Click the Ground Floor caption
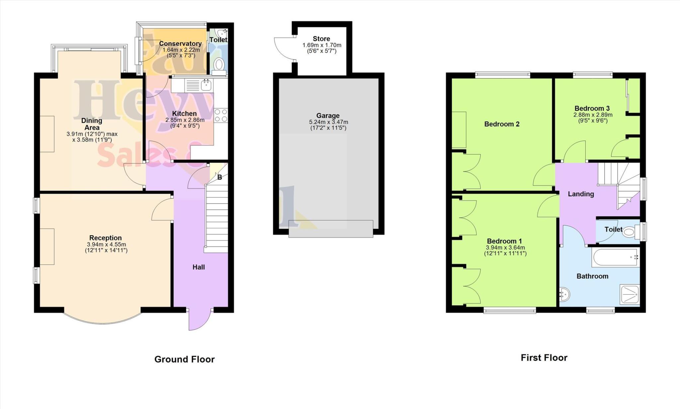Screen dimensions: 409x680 click(184, 359)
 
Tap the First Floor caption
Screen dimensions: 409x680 click(544, 358)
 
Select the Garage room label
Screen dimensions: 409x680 click(328, 116)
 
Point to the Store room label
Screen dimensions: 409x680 click(321, 39)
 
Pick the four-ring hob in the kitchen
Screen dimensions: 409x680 click(221, 115)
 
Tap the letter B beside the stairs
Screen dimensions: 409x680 click(219, 177)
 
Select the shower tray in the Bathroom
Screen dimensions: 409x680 click(629, 295)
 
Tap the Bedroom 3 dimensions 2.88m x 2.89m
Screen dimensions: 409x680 click(593, 115)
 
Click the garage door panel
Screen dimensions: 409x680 click(331, 229)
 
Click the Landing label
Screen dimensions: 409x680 click(581, 194)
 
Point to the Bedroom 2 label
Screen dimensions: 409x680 click(502, 124)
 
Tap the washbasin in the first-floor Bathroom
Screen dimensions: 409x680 click(564, 294)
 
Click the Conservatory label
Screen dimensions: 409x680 click(180, 44)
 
